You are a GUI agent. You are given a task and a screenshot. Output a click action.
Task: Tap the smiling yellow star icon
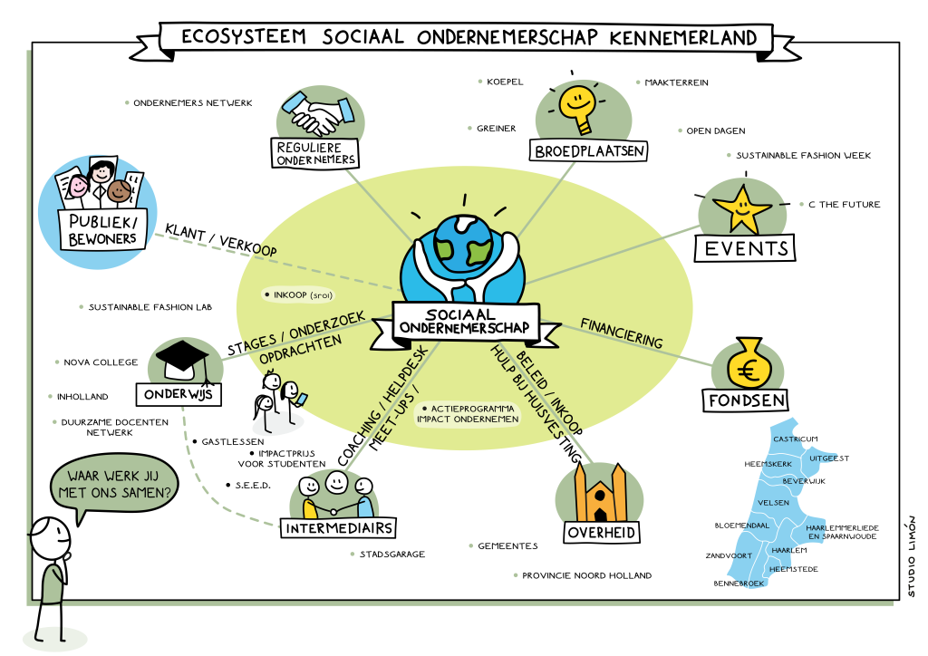tap(742, 207)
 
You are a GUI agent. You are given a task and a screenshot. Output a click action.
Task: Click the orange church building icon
tap(599, 494)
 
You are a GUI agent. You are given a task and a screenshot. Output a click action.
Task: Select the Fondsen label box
tap(748, 400)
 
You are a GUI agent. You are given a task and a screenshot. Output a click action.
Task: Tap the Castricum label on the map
tap(795, 439)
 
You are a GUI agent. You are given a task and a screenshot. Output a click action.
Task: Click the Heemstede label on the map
tap(795, 568)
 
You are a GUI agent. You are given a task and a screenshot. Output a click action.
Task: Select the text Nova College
tap(101, 362)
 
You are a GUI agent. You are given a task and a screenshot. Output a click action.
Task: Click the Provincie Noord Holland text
tap(586, 575)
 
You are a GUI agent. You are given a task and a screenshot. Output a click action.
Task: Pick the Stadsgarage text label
tap(392, 554)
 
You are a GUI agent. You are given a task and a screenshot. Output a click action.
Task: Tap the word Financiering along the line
tap(621, 332)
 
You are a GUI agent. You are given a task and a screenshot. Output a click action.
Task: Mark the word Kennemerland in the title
tap(683, 38)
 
